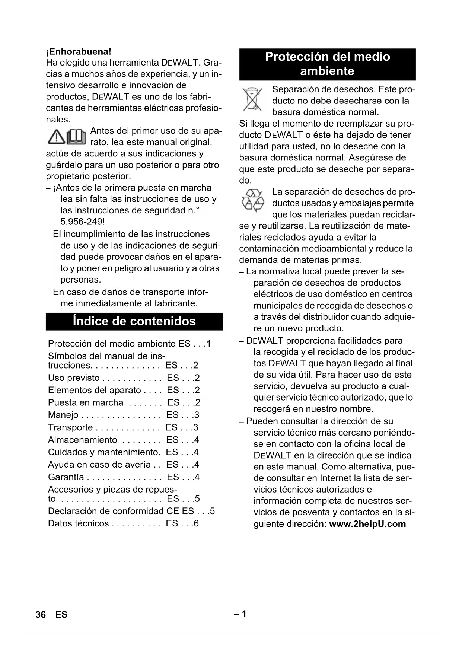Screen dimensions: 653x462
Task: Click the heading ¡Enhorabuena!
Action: (79, 51)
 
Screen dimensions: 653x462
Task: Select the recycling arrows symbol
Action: (252, 200)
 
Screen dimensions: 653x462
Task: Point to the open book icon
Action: (77, 137)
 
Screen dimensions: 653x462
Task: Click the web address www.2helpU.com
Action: (367, 524)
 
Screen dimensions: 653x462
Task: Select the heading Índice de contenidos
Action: (134, 321)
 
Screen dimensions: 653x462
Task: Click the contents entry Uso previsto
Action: (74, 378)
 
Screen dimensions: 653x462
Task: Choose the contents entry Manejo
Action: (63, 415)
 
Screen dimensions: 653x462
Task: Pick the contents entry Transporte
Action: (70, 427)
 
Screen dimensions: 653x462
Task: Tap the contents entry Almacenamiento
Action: (83, 440)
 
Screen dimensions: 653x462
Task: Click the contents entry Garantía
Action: (66, 477)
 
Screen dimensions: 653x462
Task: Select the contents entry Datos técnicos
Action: (78, 523)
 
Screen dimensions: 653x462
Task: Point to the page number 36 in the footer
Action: (41, 615)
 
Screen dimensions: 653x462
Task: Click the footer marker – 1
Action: (240, 614)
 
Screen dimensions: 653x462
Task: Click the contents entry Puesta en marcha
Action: (86, 402)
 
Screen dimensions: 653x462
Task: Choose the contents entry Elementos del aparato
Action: (94, 390)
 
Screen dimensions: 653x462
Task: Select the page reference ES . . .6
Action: (182, 523)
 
